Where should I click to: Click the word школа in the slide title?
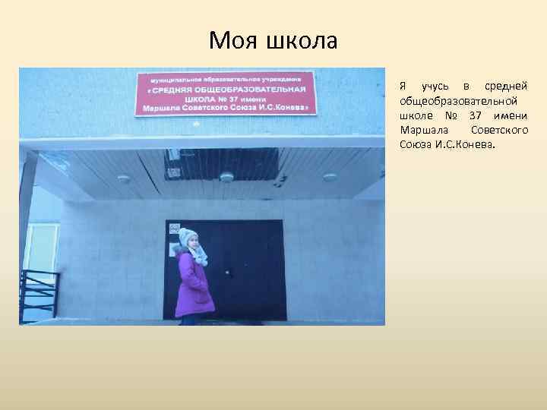[x=301, y=40]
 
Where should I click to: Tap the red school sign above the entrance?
[x=225, y=93]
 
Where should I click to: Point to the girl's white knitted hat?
[x=187, y=237]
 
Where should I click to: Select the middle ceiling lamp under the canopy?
[x=226, y=178]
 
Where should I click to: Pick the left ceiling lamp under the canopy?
[x=123, y=179]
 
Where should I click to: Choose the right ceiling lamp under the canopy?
[x=330, y=178]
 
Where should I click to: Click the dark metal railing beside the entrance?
[x=38, y=292]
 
